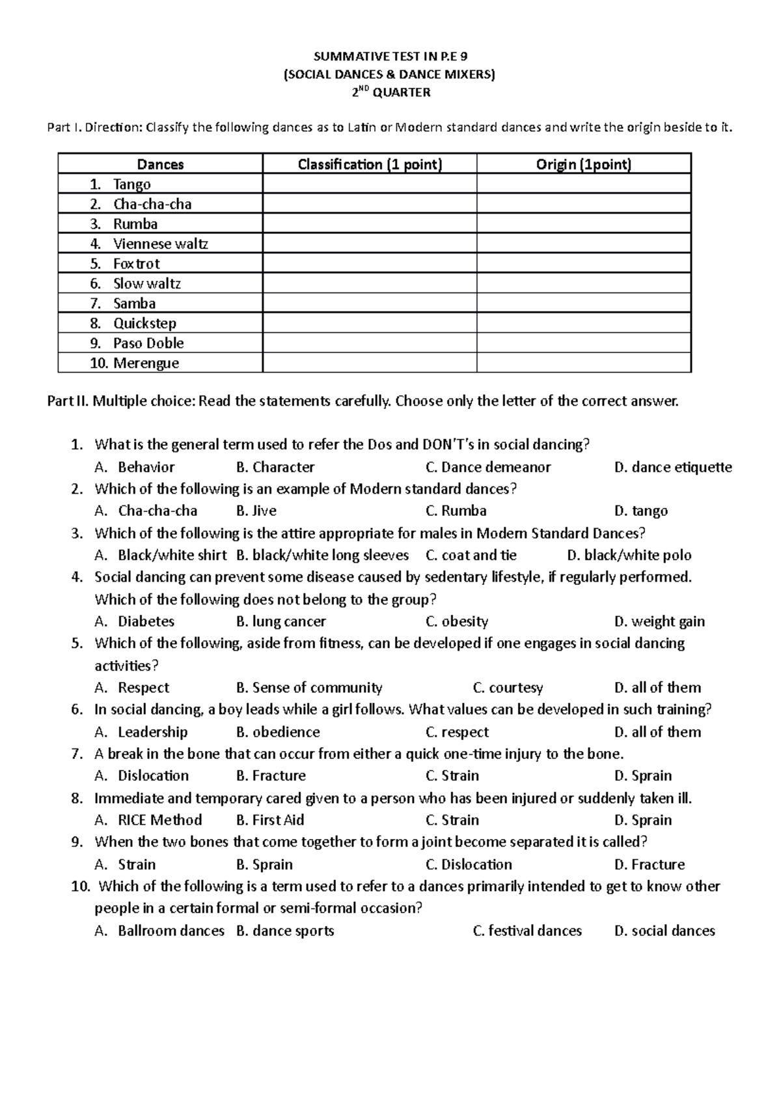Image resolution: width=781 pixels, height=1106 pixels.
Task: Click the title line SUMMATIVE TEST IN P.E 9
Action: pyautogui.click(x=389, y=57)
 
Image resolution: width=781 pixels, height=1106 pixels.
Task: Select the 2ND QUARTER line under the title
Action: pyautogui.click(x=390, y=92)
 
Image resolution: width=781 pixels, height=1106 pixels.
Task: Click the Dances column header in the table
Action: pyautogui.click(x=160, y=164)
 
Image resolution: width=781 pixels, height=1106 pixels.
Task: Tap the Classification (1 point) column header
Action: pyautogui.click(x=370, y=164)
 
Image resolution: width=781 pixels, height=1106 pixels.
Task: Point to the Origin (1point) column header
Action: pyautogui.click(x=584, y=164)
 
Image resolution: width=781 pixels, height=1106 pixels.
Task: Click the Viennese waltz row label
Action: pyautogui.click(x=160, y=244)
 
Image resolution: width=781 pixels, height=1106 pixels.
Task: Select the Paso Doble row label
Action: pyautogui.click(x=148, y=343)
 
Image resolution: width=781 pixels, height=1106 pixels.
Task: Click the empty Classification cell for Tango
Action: pyautogui.click(x=370, y=184)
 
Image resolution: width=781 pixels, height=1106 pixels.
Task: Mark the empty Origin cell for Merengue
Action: pyautogui.click(x=584, y=363)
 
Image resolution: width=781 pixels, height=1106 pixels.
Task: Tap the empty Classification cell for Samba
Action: pyautogui.click(x=370, y=304)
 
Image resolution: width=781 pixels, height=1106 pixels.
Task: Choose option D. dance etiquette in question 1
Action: pyautogui.click(x=673, y=467)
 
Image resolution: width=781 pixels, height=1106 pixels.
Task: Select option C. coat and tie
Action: pyautogui.click(x=471, y=555)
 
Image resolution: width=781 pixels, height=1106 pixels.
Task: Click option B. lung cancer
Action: pyautogui.click(x=281, y=621)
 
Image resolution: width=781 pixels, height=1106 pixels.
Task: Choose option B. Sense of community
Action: pyautogui.click(x=309, y=688)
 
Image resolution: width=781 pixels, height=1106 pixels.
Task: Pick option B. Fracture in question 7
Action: pyautogui.click(x=271, y=776)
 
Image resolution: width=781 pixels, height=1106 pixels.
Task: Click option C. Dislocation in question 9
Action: pyautogui.click(x=469, y=864)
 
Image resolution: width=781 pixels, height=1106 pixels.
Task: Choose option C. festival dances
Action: pyautogui.click(x=527, y=931)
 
